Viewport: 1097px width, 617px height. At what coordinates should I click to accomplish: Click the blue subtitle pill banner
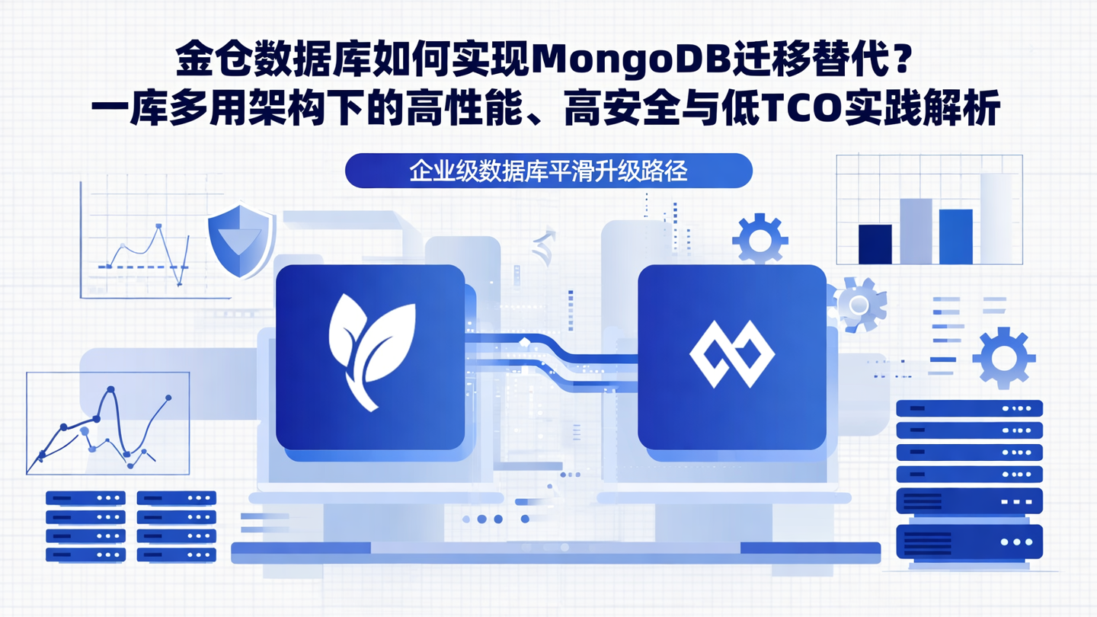pyautogui.click(x=548, y=171)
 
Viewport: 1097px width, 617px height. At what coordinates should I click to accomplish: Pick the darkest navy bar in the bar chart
pyautogui.click(x=875, y=244)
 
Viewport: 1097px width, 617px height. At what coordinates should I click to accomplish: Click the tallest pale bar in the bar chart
pyautogui.click(x=999, y=219)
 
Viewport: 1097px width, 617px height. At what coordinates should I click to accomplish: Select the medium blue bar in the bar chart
pyautogui.click(x=955, y=236)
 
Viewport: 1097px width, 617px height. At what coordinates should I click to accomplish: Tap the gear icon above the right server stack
pyautogui.click(x=1003, y=357)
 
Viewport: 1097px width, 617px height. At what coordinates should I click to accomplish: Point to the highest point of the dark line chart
pyautogui.click(x=111, y=391)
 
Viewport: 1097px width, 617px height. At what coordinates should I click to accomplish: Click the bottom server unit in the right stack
pyautogui.click(x=969, y=542)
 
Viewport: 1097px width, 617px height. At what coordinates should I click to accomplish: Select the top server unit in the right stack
pyautogui.click(x=969, y=408)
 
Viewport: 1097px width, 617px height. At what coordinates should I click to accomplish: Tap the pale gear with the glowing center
pyautogui.click(x=859, y=305)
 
